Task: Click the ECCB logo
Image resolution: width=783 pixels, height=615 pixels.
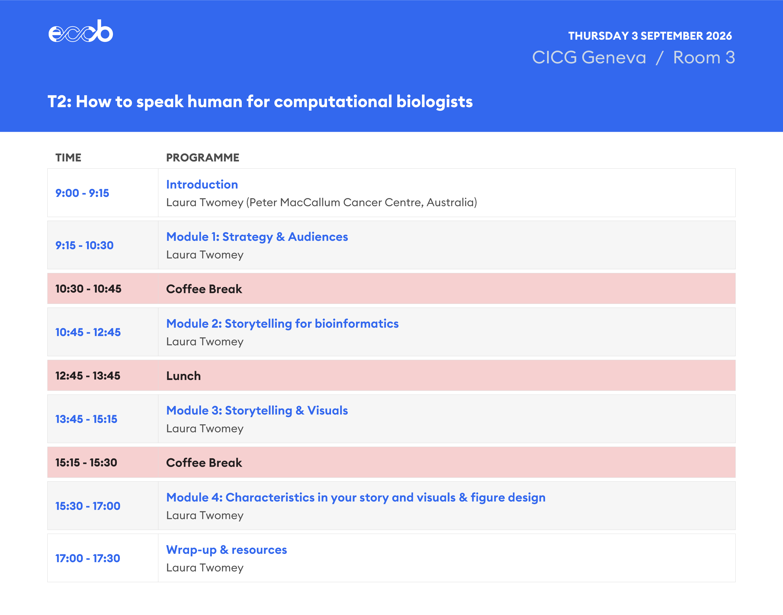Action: tap(81, 31)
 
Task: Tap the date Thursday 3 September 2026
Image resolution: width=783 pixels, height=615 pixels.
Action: tap(650, 36)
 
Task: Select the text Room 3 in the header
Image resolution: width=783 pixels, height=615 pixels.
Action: tap(704, 58)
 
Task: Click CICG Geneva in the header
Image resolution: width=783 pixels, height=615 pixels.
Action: tap(589, 58)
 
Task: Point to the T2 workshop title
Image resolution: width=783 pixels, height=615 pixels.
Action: tap(260, 101)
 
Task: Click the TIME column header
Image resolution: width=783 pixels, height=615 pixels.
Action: tap(69, 158)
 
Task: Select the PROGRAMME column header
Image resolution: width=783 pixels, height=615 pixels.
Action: tap(202, 158)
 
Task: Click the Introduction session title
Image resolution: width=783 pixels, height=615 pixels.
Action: tap(202, 184)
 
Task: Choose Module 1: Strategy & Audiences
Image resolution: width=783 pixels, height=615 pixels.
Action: tap(257, 237)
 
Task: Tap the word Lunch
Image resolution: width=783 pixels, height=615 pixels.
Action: tap(183, 376)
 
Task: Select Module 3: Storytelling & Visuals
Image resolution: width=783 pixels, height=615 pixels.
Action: tap(257, 411)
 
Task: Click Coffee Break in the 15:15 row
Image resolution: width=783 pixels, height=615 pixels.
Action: tap(204, 463)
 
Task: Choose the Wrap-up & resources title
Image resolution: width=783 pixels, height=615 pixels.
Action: tap(226, 550)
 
